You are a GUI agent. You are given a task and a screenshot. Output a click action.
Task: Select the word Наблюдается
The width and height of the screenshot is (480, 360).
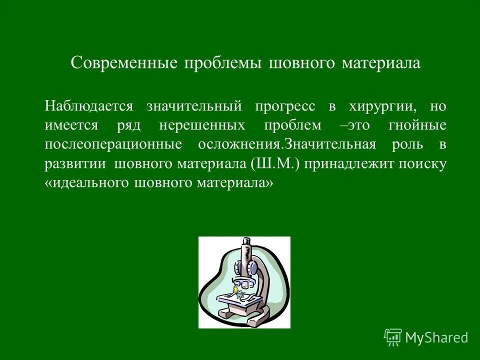click(x=89, y=106)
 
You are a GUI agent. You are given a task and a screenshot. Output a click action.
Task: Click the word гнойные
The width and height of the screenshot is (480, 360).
click(x=417, y=125)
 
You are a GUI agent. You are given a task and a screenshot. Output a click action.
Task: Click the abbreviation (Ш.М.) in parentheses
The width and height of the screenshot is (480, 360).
click(x=272, y=164)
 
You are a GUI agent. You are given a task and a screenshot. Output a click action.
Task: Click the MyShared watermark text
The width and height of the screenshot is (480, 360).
click(x=436, y=338)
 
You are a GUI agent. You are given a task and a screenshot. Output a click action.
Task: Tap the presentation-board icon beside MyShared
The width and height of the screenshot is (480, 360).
click(x=392, y=337)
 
